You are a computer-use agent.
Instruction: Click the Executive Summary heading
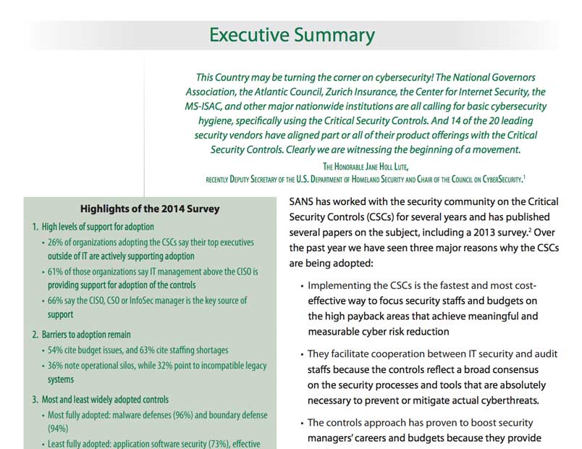[x=291, y=35]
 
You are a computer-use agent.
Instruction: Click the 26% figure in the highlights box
[x=56, y=243]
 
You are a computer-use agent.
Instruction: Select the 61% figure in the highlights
[x=56, y=272]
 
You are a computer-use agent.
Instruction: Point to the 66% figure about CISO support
[x=56, y=301]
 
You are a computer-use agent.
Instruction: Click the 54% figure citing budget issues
[x=56, y=350]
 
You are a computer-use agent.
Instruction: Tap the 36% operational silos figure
[x=56, y=365]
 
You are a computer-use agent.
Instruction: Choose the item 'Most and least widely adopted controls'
[x=106, y=399]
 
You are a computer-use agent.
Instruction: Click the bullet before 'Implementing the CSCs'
[x=301, y=286]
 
